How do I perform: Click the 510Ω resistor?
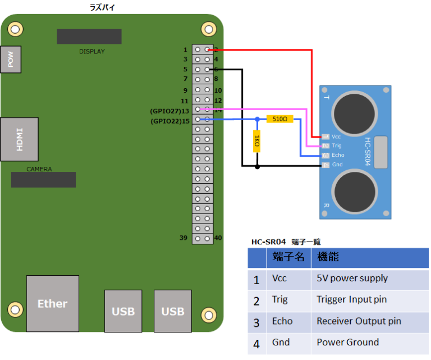(x=280, y=119)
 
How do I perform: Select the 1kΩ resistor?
(x=256, y=141)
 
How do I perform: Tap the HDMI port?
(x=19, y=139)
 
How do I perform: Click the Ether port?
(x=53, y=304)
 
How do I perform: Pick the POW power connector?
(x=11, y=59)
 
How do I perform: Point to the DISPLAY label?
(x=92, y=52)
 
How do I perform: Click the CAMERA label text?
(x=39, y=169)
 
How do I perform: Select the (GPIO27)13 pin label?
(x=169, y=111)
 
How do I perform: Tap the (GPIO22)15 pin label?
(x=170, y=121)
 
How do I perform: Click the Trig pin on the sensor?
(x=325, y=146)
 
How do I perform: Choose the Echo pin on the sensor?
(x=325, y=156)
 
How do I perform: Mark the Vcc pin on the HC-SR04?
(x=325, y=136)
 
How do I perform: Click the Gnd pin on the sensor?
(x=325, y=165)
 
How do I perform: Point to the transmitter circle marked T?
(x=354, y=113)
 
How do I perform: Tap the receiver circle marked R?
(x=355, y=192)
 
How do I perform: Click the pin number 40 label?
(x=218, y=238)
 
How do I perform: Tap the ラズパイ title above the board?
(x=102, y=7)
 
